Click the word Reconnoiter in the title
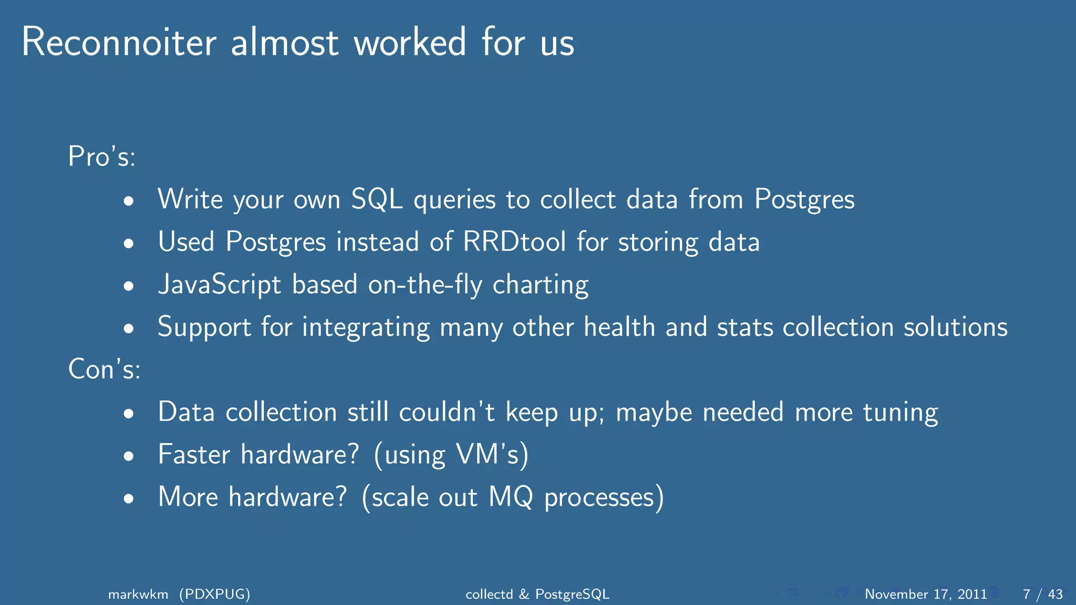119,42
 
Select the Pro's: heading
102,157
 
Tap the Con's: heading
105,369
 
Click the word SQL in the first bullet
377,200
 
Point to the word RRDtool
514,242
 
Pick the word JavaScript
220,285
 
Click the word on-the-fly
425,285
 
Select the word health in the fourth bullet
619,327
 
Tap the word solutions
955,327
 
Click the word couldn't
447,412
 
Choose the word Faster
194,454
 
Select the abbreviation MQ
511,497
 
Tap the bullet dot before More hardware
129,498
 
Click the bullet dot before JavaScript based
129,286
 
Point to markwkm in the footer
138,594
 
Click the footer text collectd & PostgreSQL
537,594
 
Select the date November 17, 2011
926,594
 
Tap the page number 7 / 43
1042,594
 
